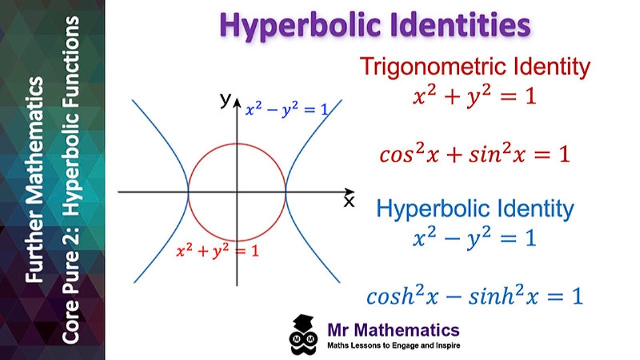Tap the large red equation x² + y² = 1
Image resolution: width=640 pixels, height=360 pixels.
[x=474, y=95]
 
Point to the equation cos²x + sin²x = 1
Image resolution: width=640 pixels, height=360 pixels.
[x=474, y=154]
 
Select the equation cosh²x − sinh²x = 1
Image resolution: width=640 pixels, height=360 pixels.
[x=474, y=297]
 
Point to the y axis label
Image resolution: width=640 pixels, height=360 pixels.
[x=225, y=99]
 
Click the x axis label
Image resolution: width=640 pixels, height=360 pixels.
[x=348, y=201]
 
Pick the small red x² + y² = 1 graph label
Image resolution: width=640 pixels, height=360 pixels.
[x=217, y=251]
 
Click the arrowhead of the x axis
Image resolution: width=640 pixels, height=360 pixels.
[x=350, y=191]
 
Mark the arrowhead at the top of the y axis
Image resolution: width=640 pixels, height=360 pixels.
[x=237, y=96]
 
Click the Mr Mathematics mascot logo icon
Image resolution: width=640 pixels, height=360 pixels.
[x=303, y=334]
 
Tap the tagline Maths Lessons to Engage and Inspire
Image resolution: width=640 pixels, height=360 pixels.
[x=393, y=345]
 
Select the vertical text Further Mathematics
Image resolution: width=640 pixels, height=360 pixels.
[x=36, y=180]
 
